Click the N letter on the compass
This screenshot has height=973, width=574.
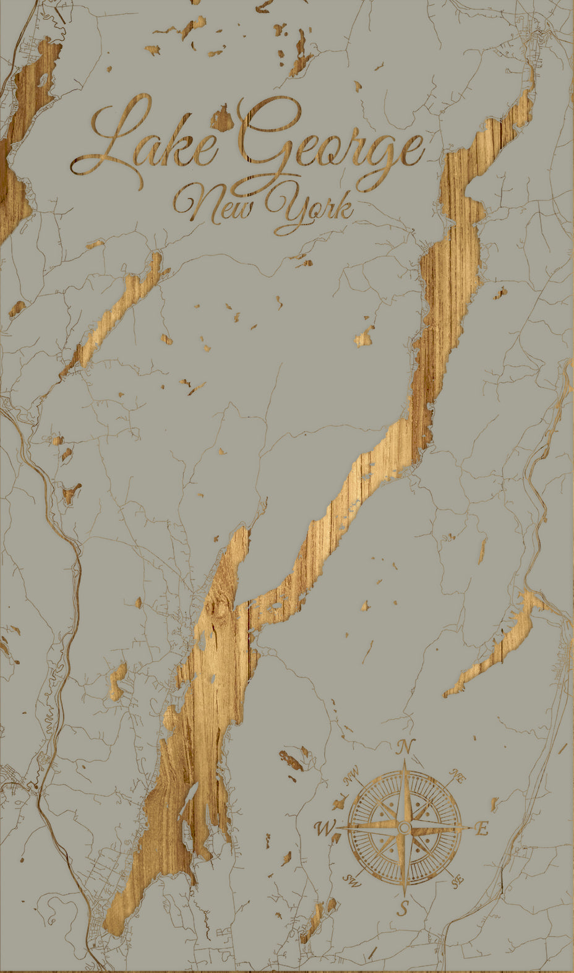pyautogui.click(x=405, y=747)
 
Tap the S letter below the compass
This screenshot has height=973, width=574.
pyautogui.click(x=403, y=908)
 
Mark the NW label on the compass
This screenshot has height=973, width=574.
pyautogui.click(x=350, y=774)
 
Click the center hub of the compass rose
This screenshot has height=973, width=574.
pyautogui.click(x=404, y=828)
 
